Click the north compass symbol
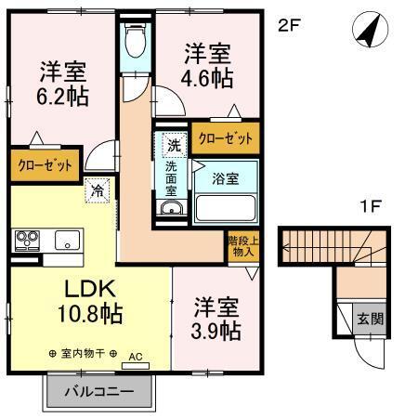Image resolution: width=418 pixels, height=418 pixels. pos(370,31)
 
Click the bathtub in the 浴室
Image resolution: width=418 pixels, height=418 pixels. pos(226,206)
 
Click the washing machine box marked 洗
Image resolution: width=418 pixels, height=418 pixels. pos(173,144)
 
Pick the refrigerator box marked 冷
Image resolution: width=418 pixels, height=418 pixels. pos(98,192)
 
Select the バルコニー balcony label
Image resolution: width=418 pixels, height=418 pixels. pos(98,391)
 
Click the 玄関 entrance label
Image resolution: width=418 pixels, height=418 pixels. pos(370,319)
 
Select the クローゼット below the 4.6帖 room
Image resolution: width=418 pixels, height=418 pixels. pos(225,137)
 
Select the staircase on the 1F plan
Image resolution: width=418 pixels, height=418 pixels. pos(324,246)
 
